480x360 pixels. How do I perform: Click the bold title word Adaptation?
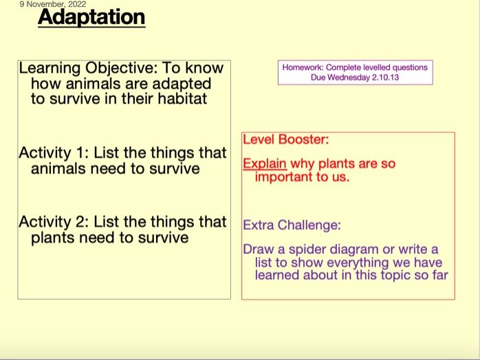[x=91, y=17]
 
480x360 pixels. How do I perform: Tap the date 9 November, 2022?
[x=53, y=5]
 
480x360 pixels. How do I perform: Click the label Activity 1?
[x=52, y=153]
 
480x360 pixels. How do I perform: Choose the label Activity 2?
[x=52, y=222]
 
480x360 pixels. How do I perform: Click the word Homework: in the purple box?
[x=303, y=67]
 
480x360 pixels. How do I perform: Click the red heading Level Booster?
[x=286, y=140]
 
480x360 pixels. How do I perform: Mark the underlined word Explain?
[x=265, y=165]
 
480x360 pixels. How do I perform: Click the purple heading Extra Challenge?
[x=292, y=225]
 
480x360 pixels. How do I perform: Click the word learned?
[x=279, y=275]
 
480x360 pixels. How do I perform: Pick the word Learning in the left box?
[x=50, y=69]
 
